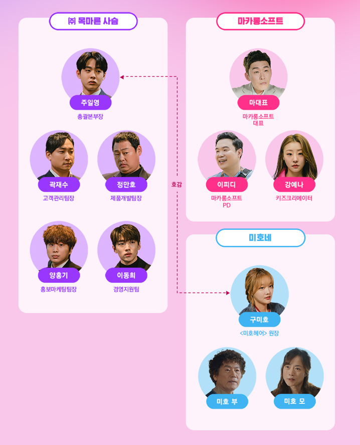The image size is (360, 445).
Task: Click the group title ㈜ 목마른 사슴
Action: point(93,21)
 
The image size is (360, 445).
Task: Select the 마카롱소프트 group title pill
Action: point(260,21)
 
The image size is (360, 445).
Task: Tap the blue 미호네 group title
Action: point(260,238)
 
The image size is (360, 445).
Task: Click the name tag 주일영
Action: point(90,102)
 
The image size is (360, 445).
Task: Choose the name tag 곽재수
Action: point(59,185)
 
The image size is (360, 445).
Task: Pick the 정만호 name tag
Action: point(126,185)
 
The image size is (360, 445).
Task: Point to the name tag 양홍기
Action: point(59,275)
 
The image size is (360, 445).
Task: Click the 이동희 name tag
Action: point(126,275)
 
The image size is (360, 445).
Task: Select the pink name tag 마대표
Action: point(258,102)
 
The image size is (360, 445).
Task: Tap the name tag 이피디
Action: point(227,185)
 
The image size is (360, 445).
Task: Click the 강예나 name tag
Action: point(294,185)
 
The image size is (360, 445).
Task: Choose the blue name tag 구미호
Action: point(259,320)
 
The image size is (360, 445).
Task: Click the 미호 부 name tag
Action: point(227,401)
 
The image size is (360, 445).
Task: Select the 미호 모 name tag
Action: point(294,401)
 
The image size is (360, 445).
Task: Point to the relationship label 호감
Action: point(176,185)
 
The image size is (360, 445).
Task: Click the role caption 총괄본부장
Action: point(90,116)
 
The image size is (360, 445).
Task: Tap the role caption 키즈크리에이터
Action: point(294,198)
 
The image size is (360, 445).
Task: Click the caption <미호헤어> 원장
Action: point(259,333)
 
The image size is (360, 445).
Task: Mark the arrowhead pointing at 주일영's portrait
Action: point(122,77)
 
